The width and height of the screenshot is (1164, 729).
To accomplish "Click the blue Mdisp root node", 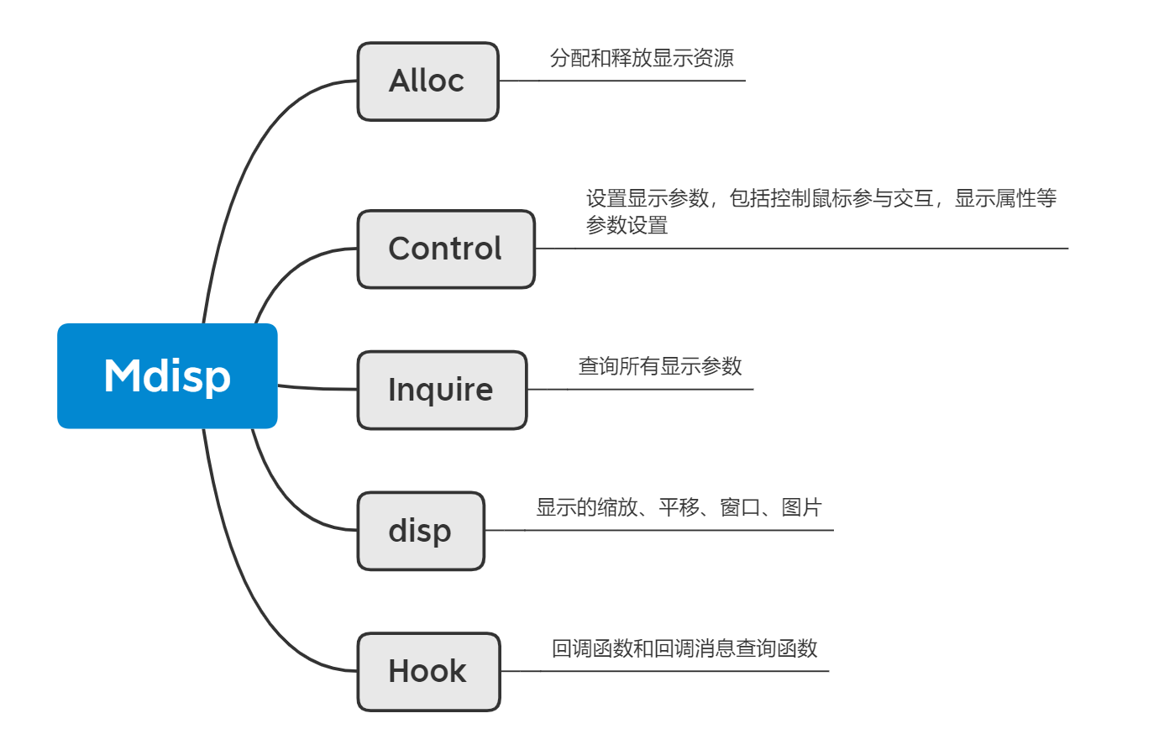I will click(x=167, y=376).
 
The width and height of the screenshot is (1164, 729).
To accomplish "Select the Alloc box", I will click(x=427, y=81).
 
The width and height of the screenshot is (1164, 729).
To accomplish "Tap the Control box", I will click(x=445, y=249).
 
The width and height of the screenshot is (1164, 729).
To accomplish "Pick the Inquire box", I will click(x=442, y=390).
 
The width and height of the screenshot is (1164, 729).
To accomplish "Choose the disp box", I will click(x=421, y=531).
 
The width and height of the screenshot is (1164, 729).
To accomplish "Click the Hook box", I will click(x=428, y=671).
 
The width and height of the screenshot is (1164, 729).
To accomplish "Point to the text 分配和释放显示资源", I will click(x=642, y=58).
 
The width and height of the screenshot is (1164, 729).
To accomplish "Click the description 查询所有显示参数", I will click(x=660, y=366).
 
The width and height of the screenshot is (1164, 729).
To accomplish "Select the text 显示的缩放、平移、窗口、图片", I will click(x=679, y=507).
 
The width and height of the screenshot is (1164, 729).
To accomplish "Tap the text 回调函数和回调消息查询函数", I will click(x=684, y=648).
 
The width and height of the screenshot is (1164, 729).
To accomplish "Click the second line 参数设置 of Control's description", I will click(x=627, y=226).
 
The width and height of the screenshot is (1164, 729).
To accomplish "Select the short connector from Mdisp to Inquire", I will click(x=317, y=388).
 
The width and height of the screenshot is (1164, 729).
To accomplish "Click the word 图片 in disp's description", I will click(x=801, y=507).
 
